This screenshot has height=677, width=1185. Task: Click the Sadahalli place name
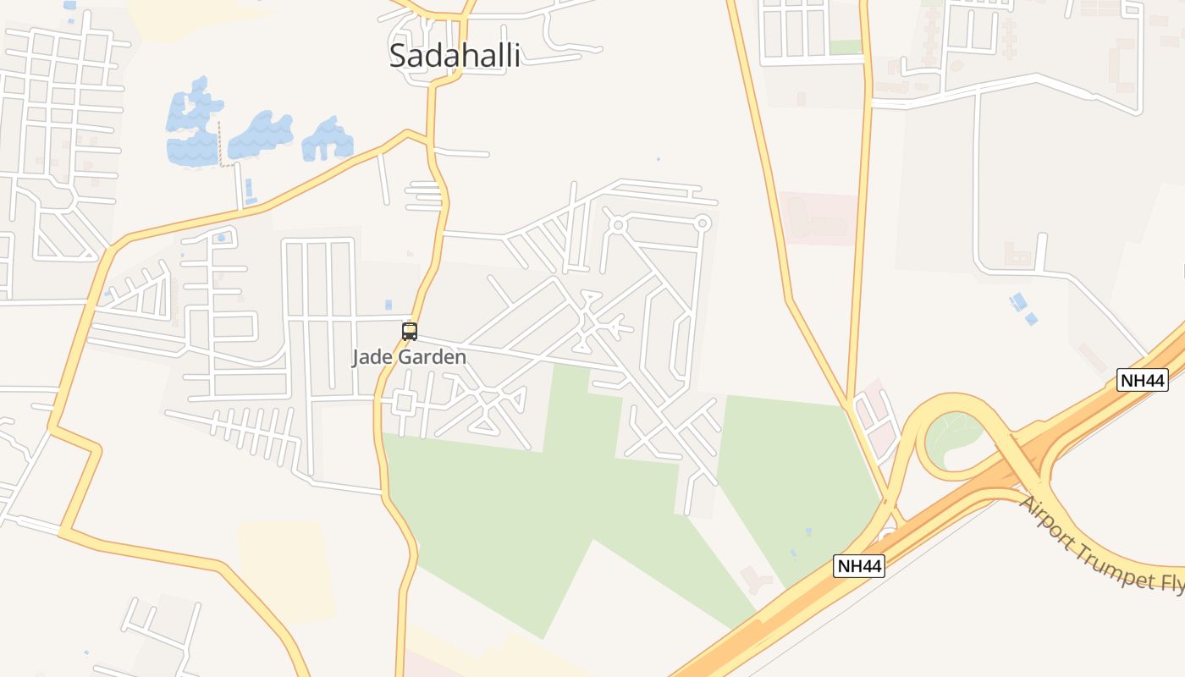(x=455, y=56)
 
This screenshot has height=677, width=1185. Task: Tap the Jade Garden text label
(x=409, y=357)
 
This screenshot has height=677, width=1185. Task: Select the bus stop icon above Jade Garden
(x=410, y=331)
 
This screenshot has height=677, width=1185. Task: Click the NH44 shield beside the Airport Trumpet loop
(x=1142, y=380)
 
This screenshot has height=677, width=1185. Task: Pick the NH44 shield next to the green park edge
(x=859, y=566)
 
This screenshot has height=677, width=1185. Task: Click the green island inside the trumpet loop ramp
(x=952, y=436)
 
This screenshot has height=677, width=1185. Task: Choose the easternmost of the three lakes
(x=328, y=140)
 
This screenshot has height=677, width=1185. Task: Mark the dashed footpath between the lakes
(x=222, y=144)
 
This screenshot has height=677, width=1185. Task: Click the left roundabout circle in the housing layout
(x=618, y=225)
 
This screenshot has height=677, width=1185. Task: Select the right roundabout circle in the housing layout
(x=702, y=223)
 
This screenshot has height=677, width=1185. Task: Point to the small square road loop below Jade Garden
(x=405, y=403)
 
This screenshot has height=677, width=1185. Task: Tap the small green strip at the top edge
(x=845, y=47)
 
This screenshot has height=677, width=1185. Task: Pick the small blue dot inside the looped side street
(x=221, y=238)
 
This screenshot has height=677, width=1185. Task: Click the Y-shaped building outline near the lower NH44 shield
(x=756, y=579)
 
